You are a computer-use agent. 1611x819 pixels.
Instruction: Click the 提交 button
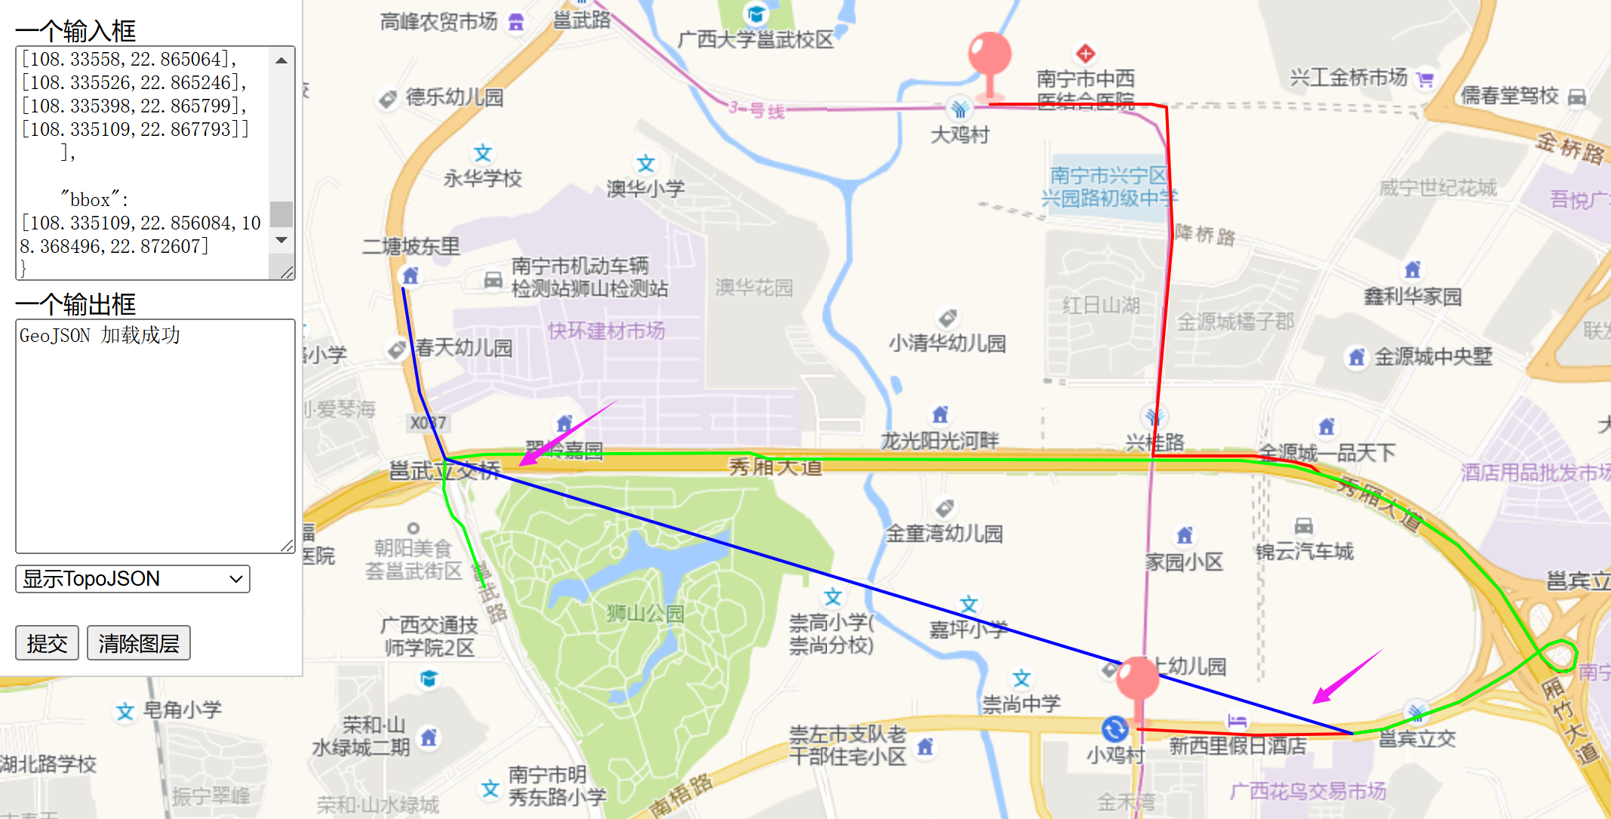coord(47,643)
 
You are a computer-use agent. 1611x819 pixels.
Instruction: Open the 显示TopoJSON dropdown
coord(133,579)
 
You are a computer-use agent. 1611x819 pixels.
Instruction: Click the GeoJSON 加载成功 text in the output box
coord(100,336)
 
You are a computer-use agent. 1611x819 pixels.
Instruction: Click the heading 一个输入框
coord(75,31)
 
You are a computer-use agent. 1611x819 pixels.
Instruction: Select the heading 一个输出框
coord(75,304)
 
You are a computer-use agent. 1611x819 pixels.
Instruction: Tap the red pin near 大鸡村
coord(989,57)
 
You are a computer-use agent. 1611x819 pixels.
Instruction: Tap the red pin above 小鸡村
coord(1137,679)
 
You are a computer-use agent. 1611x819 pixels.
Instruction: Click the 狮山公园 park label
coord(645,613)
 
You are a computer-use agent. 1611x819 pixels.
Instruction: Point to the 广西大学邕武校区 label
coord(755,39)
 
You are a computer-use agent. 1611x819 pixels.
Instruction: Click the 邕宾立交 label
coord(1417,738)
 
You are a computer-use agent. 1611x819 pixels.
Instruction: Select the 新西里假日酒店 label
coord(1237,746)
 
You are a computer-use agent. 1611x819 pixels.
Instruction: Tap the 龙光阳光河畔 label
coord(940,440)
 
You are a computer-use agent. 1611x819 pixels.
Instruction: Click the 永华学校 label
coord(483,178)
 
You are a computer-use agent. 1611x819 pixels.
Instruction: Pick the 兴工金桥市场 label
coord(1348,77)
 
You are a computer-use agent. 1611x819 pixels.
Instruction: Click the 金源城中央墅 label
coord(1433,356)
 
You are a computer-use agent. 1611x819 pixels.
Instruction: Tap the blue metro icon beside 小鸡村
coord(1114,729)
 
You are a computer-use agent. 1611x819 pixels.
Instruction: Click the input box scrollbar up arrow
coord(281,60)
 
